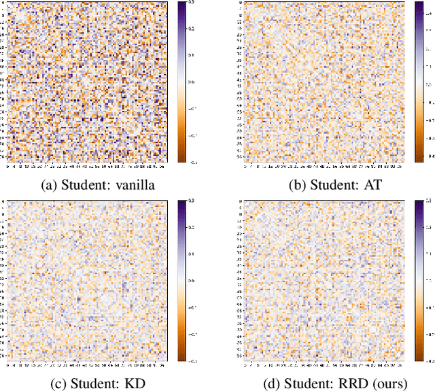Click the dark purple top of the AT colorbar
[418, 7]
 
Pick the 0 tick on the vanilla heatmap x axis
[7, 167]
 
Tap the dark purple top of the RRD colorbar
[418, 205]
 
